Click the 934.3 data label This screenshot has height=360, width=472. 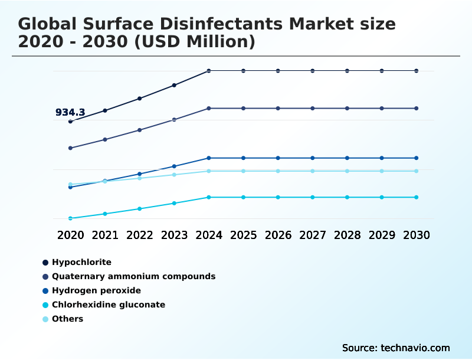pos(70,112)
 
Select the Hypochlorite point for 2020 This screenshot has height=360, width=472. pos(70,122)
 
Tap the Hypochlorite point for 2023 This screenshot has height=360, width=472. pos(174,85)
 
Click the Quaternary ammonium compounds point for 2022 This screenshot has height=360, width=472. pos(139,130)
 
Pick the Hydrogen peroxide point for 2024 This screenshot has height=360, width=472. pos(209,158)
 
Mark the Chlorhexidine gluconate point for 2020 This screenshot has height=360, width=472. pos(70,218)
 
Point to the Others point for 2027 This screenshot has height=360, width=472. pos(313,171)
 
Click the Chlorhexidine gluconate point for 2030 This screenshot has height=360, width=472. pos(417,197)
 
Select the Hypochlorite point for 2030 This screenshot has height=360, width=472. pos(417,71)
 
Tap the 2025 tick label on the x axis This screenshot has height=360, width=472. pos(243,235)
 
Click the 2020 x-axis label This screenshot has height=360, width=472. pos(70,235)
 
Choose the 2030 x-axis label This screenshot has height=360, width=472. pos(417,235)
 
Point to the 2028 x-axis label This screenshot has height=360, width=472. pos(347,235)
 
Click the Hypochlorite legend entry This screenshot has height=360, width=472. pos(81,262)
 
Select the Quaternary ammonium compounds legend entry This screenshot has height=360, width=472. pos(133,276)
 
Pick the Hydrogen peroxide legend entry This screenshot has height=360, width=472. pos(96,290)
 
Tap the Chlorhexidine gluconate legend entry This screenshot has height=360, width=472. pos(108,305)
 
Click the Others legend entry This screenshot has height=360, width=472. pos(67,319)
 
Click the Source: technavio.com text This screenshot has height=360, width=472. pos(396,348)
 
